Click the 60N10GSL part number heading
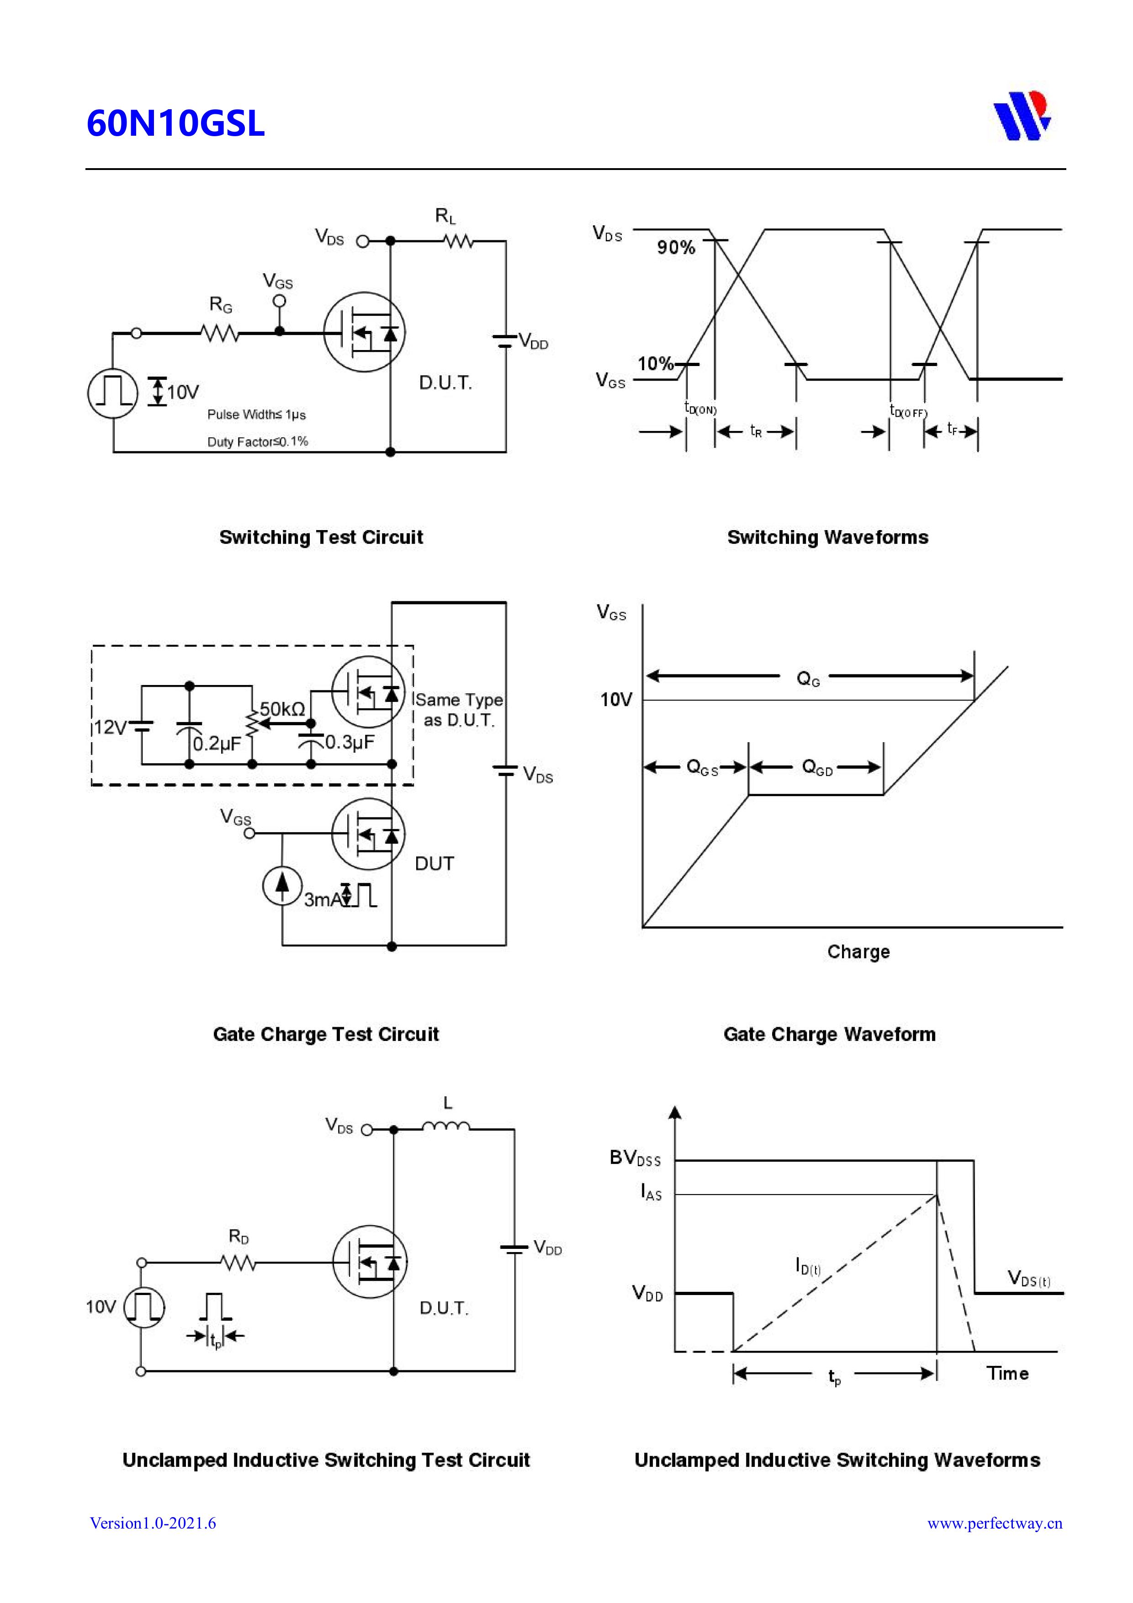(175, 123)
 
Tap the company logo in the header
(1022, 116)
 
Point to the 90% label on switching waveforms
(676, 248)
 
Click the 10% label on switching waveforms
(655, 364)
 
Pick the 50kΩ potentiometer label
(282, 709)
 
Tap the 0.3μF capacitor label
(349, 742)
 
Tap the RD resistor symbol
(238, 1262)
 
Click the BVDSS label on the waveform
(635, 1157)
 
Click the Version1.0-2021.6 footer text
(153, 1523)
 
